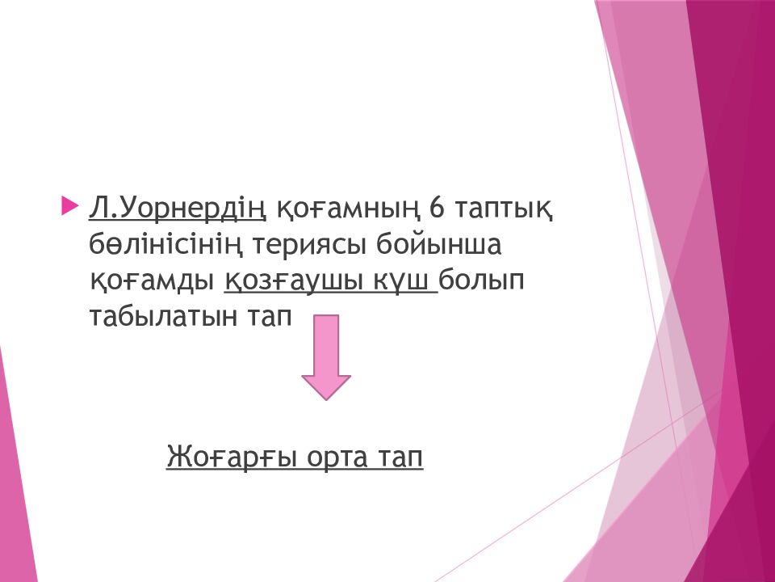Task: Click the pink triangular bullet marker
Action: point(69,206)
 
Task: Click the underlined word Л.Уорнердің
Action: point(178,209)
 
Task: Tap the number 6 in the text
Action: point(438,208)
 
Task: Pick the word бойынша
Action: point(439,243)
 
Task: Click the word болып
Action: point(481,280)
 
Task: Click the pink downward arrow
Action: point(326,357)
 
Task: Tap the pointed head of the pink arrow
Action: point(326,399)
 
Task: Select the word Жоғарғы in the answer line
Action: point(232,458)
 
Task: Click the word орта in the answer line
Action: point(337,458)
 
